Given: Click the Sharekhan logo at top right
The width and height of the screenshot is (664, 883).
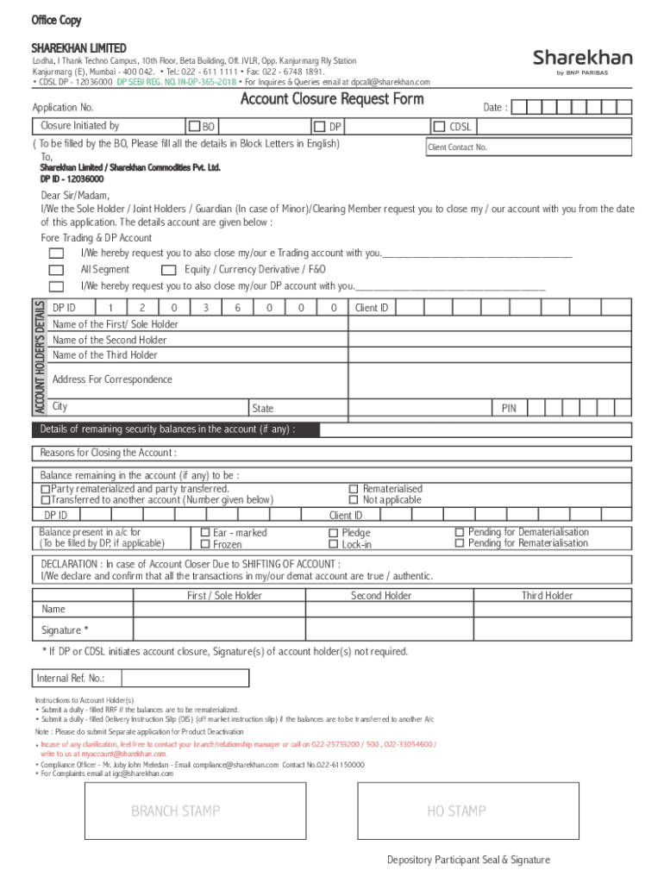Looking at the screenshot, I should [x=582, y=60].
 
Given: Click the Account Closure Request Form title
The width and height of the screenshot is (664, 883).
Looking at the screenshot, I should [x=332, y=99].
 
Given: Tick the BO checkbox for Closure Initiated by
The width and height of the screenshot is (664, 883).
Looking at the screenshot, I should [x=195, y=127].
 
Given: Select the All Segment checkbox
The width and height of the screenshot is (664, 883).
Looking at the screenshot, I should [x=56, y=270].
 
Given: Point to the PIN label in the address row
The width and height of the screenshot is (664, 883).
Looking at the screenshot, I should [x=509, y=408].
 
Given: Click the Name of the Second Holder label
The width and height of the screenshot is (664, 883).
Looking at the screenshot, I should [x=110, y=340].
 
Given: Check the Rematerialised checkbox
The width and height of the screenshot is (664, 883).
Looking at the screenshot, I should [x=353, y=489].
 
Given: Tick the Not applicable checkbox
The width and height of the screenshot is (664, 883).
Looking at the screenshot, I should [x=353, y=500].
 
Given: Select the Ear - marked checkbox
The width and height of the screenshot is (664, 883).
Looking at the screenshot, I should [x=205, y=533].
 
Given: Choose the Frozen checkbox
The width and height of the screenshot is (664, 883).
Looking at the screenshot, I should [x=205, y=544].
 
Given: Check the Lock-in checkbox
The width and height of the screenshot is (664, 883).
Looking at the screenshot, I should [x=333, y=544].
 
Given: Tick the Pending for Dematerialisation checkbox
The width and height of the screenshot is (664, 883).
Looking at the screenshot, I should [x=460, y=532].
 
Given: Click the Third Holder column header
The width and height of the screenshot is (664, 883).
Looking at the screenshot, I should [x=547, y=596].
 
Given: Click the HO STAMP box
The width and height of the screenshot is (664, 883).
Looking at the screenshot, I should [x=456, y=811].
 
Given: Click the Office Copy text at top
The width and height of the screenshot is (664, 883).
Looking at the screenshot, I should [x=57, y=21].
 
